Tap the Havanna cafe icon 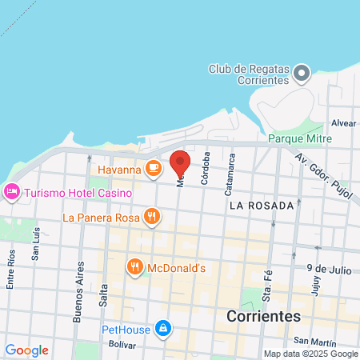coord(154,169)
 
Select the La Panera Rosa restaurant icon coord(151,216)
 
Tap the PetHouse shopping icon coord(162,328)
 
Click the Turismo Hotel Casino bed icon coord(11,192)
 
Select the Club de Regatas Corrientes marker coord(301,75)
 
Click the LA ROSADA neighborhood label coord(261,206)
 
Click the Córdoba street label coord(206,168)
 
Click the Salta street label coord(103,295)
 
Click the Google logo coord(26,350)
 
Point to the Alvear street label coord(343,123)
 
